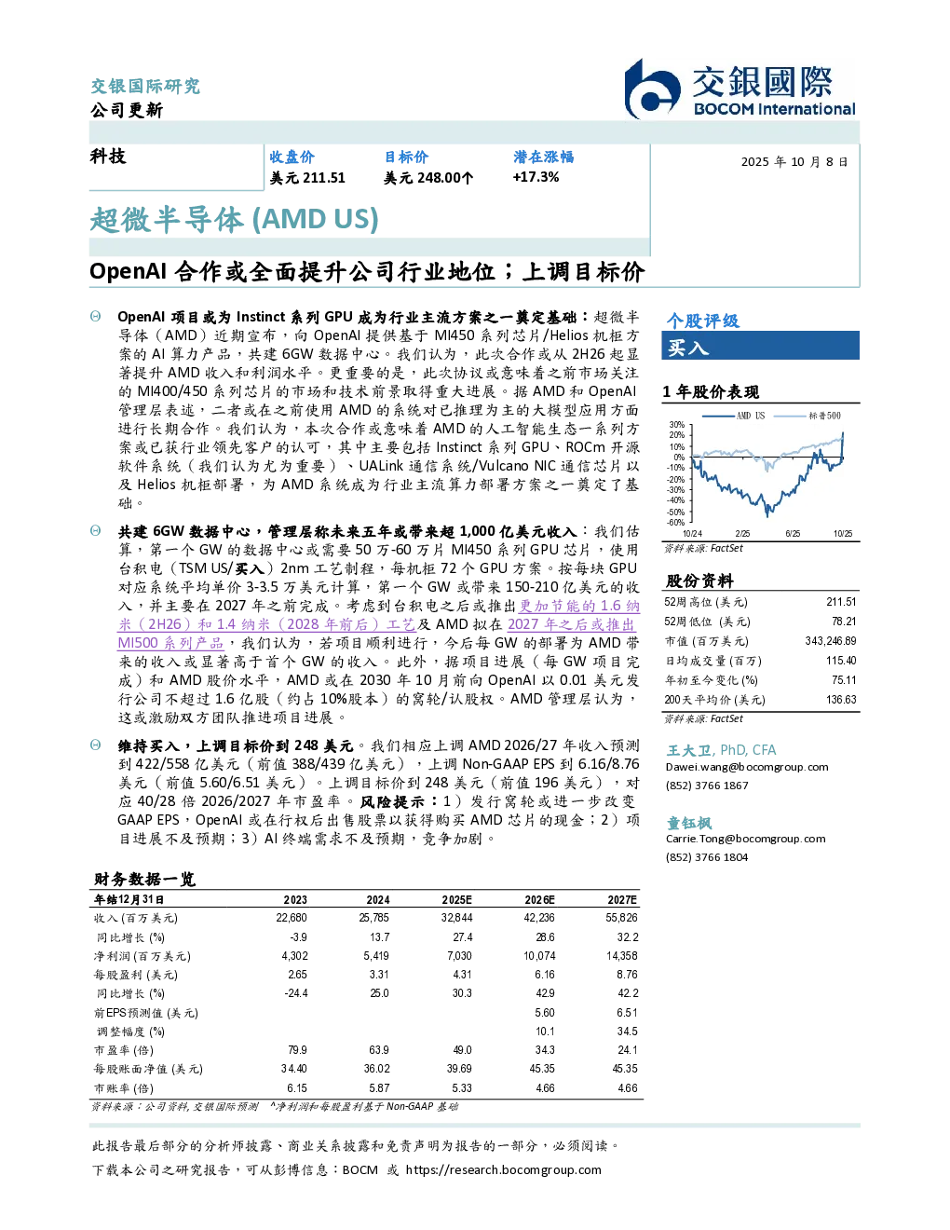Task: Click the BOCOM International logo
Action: pos(740,89)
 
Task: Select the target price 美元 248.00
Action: pos(422,178)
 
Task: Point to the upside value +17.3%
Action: pos(536,177)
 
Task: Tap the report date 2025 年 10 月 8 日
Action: pos(794,162)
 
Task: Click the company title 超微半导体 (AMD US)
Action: pos(235,220)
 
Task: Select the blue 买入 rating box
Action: pos(760,346)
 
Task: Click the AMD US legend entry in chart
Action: pos(733,416)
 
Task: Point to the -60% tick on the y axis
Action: pos(676,522)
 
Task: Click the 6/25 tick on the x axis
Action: pos(793,533)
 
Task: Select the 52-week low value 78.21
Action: pos(844,622)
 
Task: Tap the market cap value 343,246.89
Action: pos(831,641)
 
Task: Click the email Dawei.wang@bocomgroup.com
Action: pos(746,767)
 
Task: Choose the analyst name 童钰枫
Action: pos(688,823)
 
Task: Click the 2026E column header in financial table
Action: pos(539,899)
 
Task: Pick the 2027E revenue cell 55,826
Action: pos(621,918)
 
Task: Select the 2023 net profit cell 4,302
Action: pos(295,955)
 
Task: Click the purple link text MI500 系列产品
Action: pos(170,644)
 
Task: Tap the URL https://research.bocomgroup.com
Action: pos(504,1169)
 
